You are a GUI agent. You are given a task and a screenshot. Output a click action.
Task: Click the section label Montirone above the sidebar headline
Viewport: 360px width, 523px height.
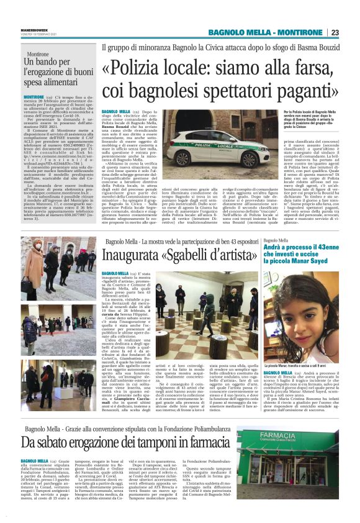(38, 54)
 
